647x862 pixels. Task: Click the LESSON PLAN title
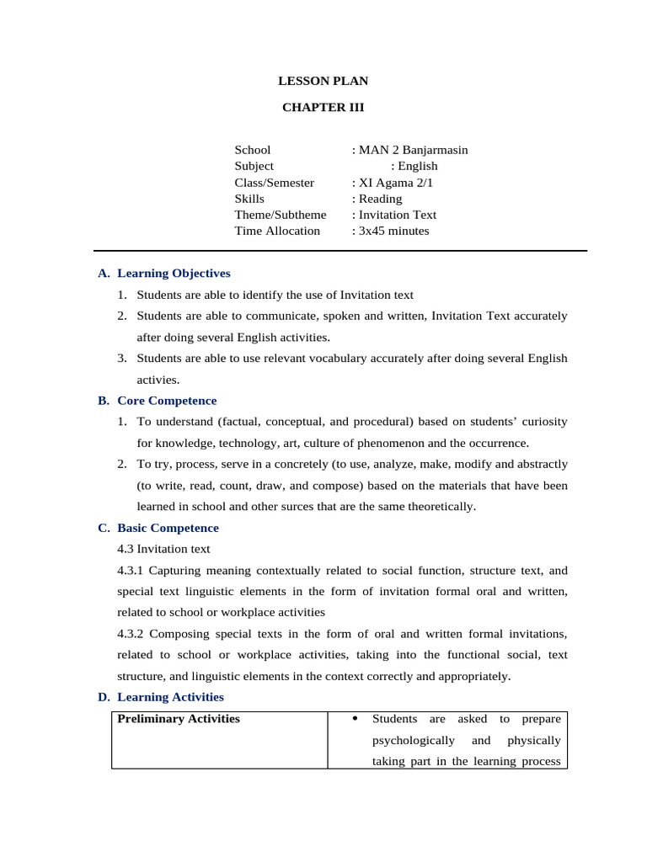pyautogui.click(x=323, y=82)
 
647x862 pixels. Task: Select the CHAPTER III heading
pyautogui.click(x=323, y=107)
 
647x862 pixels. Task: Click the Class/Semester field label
pyautogui.click(x=274, y=183)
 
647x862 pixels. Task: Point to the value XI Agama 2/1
pyautogui.click(x=396, y=183)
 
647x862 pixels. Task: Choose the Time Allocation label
pyautogui.click(x=277, y=231)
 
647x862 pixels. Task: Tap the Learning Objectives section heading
pyautogui.click(x=174, y=274)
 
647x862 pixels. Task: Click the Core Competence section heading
pyautogui.click(x=167, y=401)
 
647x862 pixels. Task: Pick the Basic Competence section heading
pyautogui.click(x=168, y=528)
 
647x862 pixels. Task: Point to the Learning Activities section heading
pyautogui.click(x=170, y=697)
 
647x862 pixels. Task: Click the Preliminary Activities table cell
pyautogui.click(x=179, y=719)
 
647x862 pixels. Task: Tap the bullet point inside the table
pyautogui.click(x=355, y=719)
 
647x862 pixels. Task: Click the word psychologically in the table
pyautogui.click(x=413, y=740)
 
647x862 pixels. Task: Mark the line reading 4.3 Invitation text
pyautogui.click(x=163, y=549)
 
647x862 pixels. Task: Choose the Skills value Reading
pyautogui.click(x=380, y=199)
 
